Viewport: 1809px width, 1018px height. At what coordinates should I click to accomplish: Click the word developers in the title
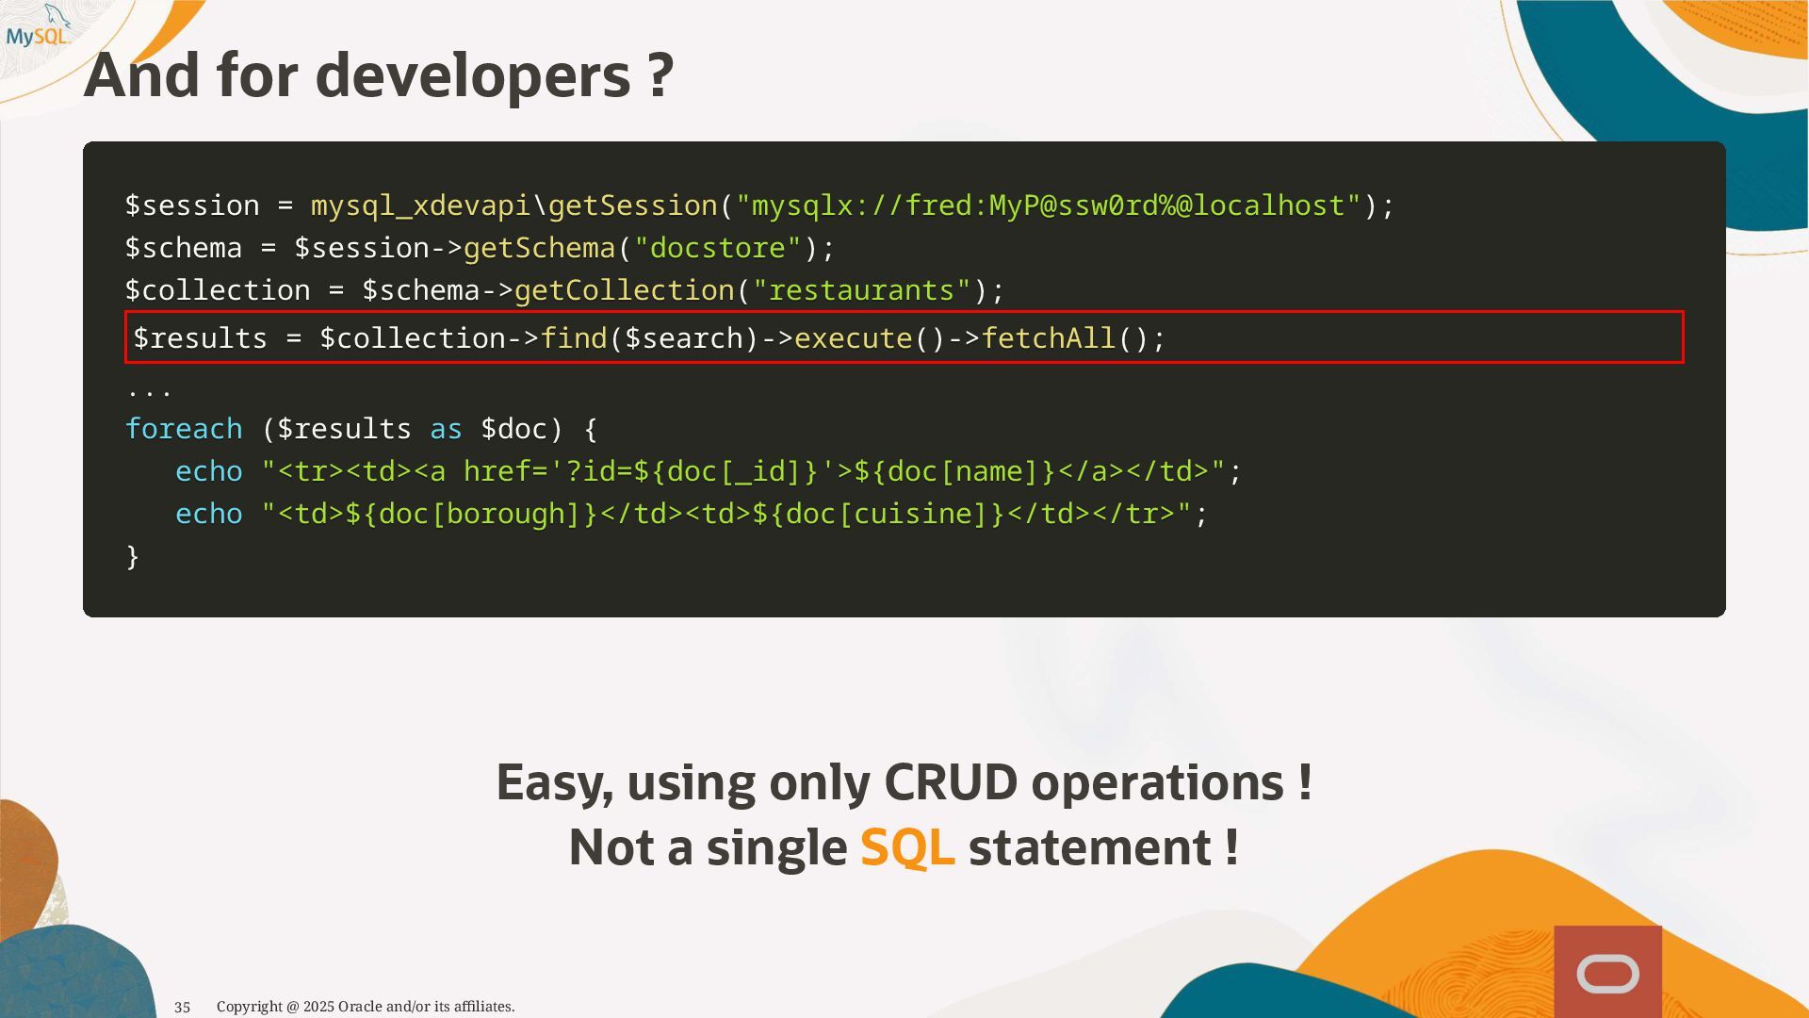[x=472, y=75]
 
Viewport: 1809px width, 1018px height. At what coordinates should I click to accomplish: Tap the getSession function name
[x=632, y=205]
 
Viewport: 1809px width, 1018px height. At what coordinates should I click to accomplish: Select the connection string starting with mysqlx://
[x=1049, y=205]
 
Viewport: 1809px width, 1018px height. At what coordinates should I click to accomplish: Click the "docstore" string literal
[x=718, y=248]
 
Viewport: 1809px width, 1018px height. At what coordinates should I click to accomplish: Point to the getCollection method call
[x=624, y=290]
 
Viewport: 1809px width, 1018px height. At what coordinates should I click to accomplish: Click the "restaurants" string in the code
[x=861, y=290]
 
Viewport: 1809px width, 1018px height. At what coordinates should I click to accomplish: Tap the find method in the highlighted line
[x=574, y=338]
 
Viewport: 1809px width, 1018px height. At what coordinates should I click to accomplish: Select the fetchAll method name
[x=1048, y=338]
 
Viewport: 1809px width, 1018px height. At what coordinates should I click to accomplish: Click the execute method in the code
[x=853, y=338]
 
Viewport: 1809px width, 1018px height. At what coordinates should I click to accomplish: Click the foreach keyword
[x=184, y=429]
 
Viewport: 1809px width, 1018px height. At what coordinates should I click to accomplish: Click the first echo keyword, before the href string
[x=209, y=471]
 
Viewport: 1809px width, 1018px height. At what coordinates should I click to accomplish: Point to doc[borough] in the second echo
[x=471, y=514]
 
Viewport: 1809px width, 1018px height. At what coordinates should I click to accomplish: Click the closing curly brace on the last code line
[x=133, y=556]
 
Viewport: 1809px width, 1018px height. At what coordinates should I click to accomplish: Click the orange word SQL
[x=906, y=847]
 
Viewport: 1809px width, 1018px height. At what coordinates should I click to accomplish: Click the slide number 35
[x=183, y=1008]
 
